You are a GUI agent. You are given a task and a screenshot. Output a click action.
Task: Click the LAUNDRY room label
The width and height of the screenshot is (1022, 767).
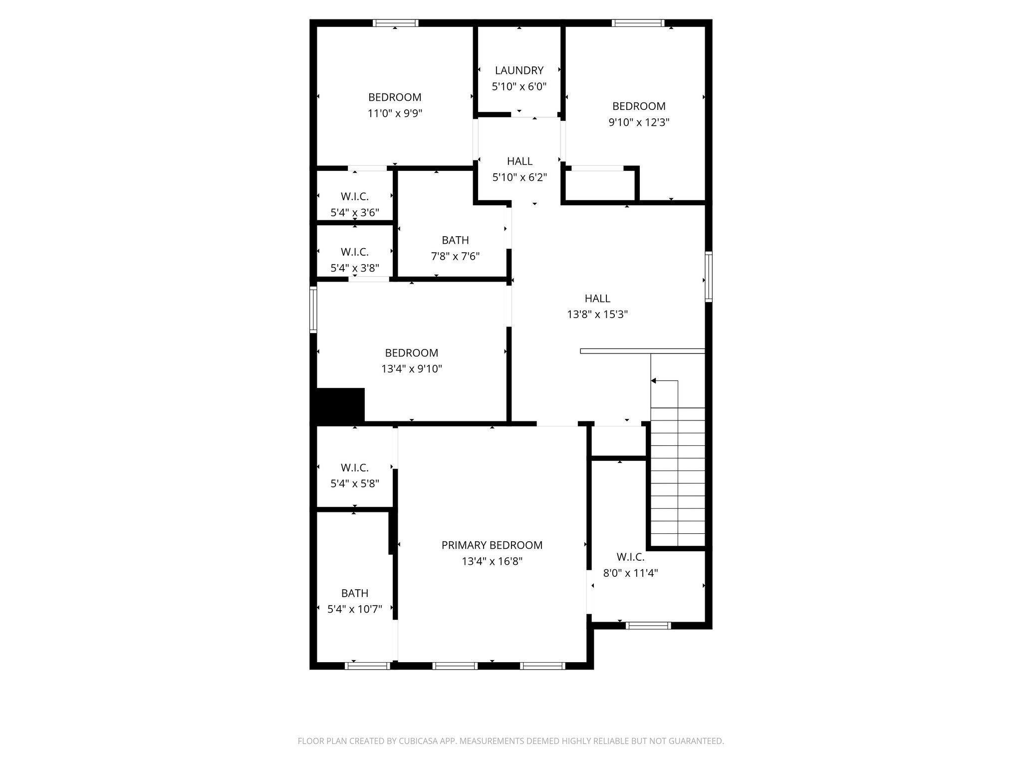point(519,70)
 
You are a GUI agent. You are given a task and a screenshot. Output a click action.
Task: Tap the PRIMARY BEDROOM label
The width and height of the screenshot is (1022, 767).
point(492,545)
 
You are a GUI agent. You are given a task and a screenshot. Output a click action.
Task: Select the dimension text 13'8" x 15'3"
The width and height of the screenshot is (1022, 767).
point(597,315)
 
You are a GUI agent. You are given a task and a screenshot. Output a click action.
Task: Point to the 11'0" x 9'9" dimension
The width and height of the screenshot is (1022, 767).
point(395,113)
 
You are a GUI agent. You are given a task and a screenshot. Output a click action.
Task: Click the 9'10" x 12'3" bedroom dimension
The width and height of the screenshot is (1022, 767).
point(639,122)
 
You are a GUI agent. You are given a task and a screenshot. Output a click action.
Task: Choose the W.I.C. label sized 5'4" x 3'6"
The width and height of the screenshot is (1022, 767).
point(355,197)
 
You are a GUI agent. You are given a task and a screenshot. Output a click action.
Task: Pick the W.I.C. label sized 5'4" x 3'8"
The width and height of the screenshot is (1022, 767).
point(355,252)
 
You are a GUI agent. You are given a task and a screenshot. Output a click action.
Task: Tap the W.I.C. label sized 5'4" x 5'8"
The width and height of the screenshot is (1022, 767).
point(355,468)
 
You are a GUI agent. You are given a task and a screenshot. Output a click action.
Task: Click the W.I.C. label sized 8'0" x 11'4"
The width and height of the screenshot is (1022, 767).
point(630,557)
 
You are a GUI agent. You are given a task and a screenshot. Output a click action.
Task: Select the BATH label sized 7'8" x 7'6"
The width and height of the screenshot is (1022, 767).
point(455,240)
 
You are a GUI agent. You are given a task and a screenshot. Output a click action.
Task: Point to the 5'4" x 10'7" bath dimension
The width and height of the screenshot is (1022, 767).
point(355,609)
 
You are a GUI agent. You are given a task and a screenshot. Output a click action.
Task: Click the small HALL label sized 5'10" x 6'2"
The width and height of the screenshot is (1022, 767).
point(519,161)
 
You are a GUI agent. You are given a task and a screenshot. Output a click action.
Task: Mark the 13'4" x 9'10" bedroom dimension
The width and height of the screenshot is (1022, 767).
point(412,369)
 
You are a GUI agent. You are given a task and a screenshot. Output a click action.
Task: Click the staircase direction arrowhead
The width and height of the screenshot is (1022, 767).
point(654,381)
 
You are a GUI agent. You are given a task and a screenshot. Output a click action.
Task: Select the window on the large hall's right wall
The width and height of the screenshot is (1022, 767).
point(708,277)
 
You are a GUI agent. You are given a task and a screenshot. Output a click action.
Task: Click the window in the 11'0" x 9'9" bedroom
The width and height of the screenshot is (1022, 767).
point(395,22)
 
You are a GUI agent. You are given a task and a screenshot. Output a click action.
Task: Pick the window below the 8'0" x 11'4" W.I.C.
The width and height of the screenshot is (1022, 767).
point(648,625)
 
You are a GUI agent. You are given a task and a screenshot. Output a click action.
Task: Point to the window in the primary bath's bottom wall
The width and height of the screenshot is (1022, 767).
point(368,666)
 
